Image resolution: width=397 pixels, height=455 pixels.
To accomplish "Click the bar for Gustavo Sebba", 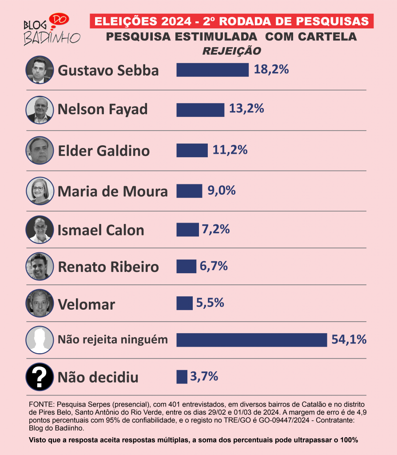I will [x=212, y=70].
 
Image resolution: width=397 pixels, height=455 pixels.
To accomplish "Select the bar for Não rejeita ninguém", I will [x=251, y=340].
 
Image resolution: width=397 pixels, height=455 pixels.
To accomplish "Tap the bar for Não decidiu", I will [x=182, y=376].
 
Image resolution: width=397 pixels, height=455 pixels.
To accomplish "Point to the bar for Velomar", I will [x=184, y=303].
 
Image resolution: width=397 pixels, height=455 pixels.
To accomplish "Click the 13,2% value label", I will [x=246, y=108].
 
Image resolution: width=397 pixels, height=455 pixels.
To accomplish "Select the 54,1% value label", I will [x=349, y=340].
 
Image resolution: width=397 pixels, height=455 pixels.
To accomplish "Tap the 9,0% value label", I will [x=221, y=191].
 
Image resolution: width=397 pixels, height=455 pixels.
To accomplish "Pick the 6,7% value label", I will [x=214, y=266].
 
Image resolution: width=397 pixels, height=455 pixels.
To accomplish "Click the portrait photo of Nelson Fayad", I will [x=40, y=110].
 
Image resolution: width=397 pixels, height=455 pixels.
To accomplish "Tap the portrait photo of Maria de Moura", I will [x=40, y=191].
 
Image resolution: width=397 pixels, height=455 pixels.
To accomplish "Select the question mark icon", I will [x=40, y=377].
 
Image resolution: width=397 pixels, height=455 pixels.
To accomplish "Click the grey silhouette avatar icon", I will [x=40, y=340].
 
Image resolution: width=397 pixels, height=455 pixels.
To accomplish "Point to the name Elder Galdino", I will [x=104, y=151].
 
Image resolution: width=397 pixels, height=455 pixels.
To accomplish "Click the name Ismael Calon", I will [x=101, y=230].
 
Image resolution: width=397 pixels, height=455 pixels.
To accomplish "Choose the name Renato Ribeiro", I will [x=108, y=267].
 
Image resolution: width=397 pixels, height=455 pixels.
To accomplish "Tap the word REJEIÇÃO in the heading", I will [x=231, y=51].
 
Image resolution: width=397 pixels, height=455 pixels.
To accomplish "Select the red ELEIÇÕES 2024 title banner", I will [x=231, y=21].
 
